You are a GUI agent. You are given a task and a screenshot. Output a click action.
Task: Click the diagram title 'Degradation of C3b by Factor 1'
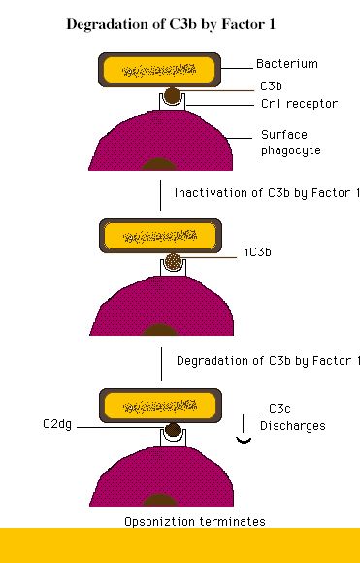pos(171,25)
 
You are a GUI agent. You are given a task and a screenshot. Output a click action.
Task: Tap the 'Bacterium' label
pos(287,64)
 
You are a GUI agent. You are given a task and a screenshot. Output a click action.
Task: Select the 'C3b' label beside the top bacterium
pos(271,86)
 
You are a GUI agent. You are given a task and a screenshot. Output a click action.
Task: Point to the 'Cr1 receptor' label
pos(299,104)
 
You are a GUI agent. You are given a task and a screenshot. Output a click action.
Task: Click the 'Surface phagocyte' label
pos(291,143)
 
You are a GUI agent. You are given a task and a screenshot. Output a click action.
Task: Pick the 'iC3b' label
pos(258,252)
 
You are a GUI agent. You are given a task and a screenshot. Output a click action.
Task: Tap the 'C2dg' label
pos(57,424)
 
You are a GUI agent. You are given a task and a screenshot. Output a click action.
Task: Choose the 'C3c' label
pos(279,409)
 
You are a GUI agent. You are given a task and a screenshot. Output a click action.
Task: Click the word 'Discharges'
pos(293,426)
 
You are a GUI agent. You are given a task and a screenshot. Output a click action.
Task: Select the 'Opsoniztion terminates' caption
pos(195,521)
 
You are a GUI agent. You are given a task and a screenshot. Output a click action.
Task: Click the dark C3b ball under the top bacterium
pos(173,95)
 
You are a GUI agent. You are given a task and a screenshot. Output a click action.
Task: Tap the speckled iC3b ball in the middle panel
pos(173,261)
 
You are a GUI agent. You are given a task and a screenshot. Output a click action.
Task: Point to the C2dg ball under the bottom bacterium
pos(174,430)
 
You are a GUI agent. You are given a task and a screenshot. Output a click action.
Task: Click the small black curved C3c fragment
pos(244,440)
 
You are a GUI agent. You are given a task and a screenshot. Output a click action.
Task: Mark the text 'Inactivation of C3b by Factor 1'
pos(267,193)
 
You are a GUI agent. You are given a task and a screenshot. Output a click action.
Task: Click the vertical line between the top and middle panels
pos(160,195)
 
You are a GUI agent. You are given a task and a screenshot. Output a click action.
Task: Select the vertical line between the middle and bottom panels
pos(161,364)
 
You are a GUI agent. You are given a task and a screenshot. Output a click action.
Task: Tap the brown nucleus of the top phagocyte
pos(159,164)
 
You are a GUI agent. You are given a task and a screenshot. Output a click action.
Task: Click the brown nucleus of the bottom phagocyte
pos(160,500)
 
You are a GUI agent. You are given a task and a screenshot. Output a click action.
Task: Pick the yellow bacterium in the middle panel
pos(160,236)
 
